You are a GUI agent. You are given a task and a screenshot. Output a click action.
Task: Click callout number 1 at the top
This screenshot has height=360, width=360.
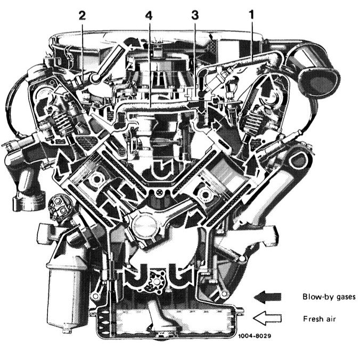tap(252, 15)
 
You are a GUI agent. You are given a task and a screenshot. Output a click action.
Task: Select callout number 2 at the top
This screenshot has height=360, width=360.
tap(82, 15)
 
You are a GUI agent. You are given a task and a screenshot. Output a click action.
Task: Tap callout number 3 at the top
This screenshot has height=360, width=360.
tap(195, 15)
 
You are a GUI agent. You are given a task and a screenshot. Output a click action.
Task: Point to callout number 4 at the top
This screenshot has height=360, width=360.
tap(149, 15)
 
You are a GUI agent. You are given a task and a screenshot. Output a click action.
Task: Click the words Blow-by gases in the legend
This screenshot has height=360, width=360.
tap(329, 297)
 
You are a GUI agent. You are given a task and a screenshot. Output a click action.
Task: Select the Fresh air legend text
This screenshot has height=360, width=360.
tap(320, 319)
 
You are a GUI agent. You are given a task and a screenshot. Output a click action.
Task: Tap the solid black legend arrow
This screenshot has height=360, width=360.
tap(267, 297)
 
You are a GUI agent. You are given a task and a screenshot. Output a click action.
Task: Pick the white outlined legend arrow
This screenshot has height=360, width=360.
tap(267, 318)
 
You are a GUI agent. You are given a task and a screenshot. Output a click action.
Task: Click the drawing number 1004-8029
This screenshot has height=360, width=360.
tap(255, 336)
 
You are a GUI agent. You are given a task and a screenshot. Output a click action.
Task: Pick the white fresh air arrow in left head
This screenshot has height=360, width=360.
tap(62, 91)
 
